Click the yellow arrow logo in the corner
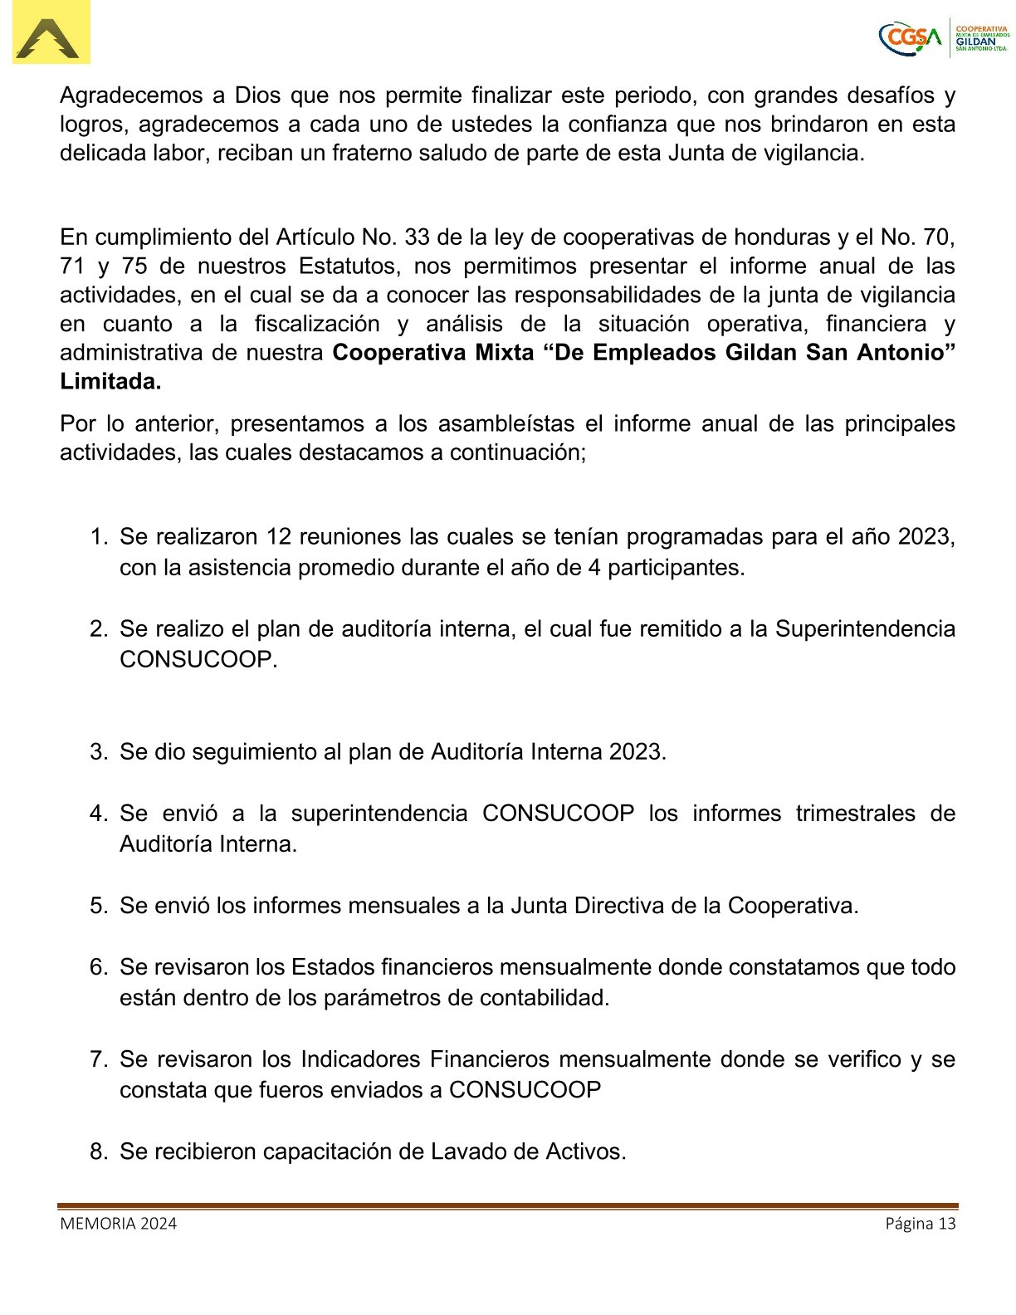(51, 33)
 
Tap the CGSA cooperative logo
(944, 37)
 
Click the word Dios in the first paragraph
(258, 95)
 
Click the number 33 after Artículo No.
(418, 237)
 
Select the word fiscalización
(317, 325)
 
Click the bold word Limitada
(110, 382)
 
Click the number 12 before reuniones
(279, 537)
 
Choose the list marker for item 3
(98, 752)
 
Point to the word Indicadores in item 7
(359, 1059)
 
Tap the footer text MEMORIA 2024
(118, 1224)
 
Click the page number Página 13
(920, 1224)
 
